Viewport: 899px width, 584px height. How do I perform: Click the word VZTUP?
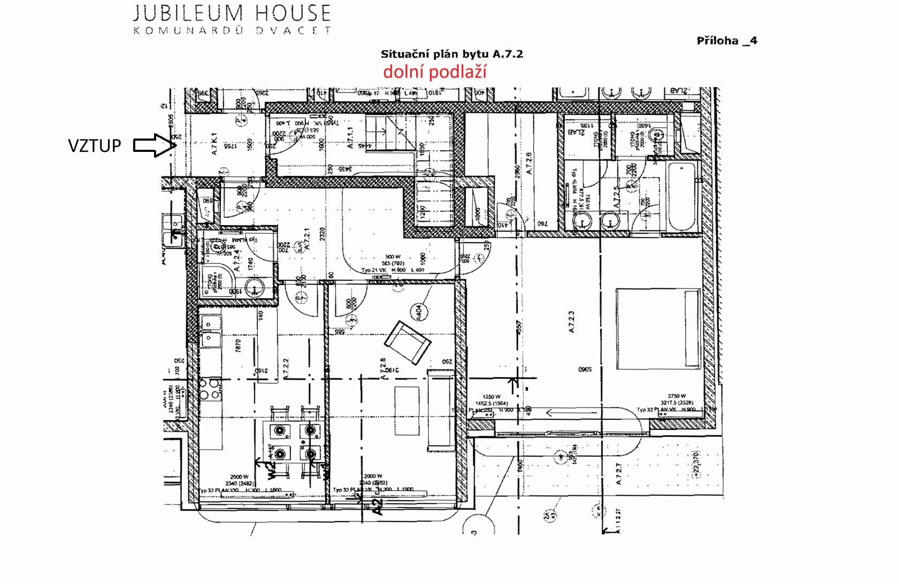[94, 145]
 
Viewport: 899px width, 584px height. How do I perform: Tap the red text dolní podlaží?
[434, 72]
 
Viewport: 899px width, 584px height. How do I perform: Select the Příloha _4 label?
[727, 41]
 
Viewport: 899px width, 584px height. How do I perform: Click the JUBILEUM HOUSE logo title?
[232, 13]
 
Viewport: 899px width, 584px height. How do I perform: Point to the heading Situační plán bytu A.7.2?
[451, 54]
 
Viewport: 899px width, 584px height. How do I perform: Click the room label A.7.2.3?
[572, 322]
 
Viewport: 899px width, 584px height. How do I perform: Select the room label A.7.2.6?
[529, 164]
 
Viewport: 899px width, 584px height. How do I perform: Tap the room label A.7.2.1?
[306, 240]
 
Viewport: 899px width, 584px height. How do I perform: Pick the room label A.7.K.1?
[214, 144]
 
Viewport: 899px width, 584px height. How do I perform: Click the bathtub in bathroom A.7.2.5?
[681, 196]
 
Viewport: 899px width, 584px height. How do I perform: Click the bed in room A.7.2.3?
[658, 329]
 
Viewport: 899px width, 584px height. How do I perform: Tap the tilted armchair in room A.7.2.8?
[408, 341]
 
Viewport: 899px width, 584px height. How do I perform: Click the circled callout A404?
[419, 312]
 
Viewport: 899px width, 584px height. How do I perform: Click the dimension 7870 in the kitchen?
[239, 346]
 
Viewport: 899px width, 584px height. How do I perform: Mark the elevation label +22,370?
[695, 464]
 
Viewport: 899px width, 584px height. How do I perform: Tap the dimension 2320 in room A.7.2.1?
[322, 234]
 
